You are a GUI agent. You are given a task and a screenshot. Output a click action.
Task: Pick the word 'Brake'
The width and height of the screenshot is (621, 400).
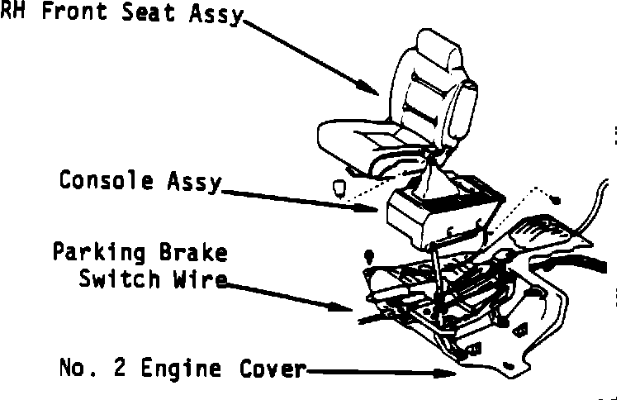click(192, 252)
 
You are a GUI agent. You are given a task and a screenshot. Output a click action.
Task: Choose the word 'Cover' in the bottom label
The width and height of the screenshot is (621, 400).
click(272, 367)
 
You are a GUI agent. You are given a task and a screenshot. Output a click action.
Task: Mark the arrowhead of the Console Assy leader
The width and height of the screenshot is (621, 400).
click(373, 209)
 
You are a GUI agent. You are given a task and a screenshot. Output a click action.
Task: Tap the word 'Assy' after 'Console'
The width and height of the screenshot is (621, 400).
click(193, 180)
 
